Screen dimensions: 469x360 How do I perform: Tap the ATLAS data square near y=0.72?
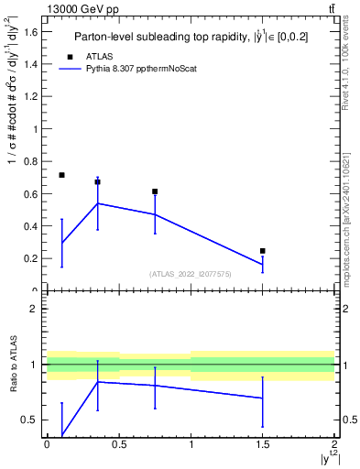61,175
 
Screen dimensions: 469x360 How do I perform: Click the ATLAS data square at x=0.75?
155,191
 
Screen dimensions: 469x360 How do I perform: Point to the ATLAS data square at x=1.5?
263,251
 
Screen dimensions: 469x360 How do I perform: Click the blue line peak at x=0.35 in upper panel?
97,203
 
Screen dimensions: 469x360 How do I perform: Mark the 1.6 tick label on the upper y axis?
30,32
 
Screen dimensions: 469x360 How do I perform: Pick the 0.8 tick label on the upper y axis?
30,161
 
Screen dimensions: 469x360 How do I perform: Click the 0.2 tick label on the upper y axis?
30,258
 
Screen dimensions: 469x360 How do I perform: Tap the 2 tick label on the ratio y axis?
35,309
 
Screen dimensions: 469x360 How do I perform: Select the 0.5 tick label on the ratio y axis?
30,420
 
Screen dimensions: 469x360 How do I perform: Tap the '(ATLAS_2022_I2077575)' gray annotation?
190,274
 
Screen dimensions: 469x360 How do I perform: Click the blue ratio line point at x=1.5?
263,398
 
